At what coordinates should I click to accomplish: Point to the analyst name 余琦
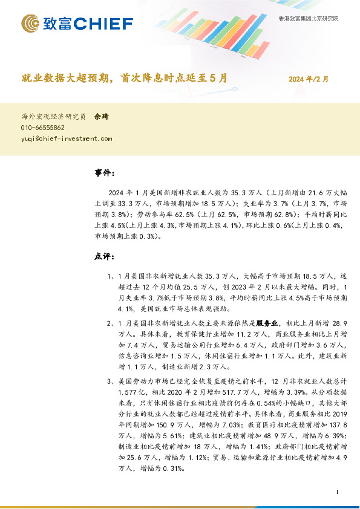(101, 116)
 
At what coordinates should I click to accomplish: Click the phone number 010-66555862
(43, 128)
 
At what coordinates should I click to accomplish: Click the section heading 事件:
(104, 173)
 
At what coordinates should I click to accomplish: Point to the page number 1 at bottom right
(335, 493)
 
